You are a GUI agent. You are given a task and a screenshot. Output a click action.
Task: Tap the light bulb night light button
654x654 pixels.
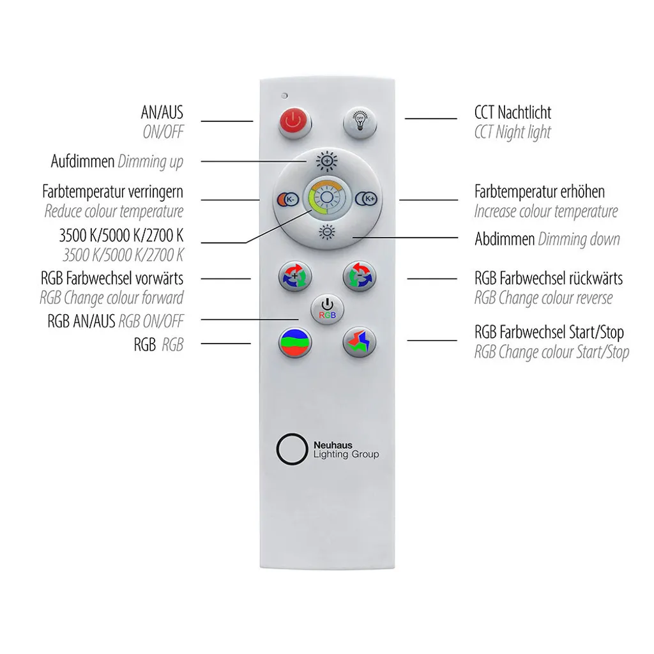click(x=360, y=122)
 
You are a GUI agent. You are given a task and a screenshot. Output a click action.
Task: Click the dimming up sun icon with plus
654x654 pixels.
click(x=327, y=161)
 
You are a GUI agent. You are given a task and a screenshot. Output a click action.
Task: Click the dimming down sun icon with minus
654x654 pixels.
click(x=327, y=231)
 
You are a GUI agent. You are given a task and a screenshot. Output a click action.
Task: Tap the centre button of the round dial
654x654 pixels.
click(x=327, y=198)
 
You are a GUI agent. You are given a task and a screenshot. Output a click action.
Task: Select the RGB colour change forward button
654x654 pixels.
click(x=295, y=276)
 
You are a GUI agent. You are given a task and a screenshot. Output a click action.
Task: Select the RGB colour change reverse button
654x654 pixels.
click(x=360, y=276)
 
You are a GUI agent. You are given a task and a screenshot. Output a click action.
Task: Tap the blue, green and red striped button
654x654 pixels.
click(x=295, y=342)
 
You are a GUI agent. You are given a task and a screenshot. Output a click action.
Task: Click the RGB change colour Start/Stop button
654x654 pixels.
click(x=360, y=342)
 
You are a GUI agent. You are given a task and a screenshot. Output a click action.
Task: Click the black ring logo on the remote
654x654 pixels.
click(x=292, y=449)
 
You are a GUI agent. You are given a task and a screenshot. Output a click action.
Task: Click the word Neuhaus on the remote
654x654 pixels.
click(x=333, y=445)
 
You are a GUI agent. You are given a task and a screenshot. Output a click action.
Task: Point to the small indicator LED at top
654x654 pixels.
click(x=284, y=96)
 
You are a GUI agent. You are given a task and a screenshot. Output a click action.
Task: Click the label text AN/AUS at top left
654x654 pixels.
click(x=162, y=112)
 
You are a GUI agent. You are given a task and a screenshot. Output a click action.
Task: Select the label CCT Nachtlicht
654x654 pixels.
click(x=513, y=112)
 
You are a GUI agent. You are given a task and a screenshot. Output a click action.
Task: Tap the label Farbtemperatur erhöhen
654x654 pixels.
click(x=539, y=192)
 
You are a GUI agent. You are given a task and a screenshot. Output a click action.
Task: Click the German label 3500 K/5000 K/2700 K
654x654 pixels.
click(x=121, y=235)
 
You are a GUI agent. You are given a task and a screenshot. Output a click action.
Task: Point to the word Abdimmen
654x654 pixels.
click(x=505, y=239)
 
